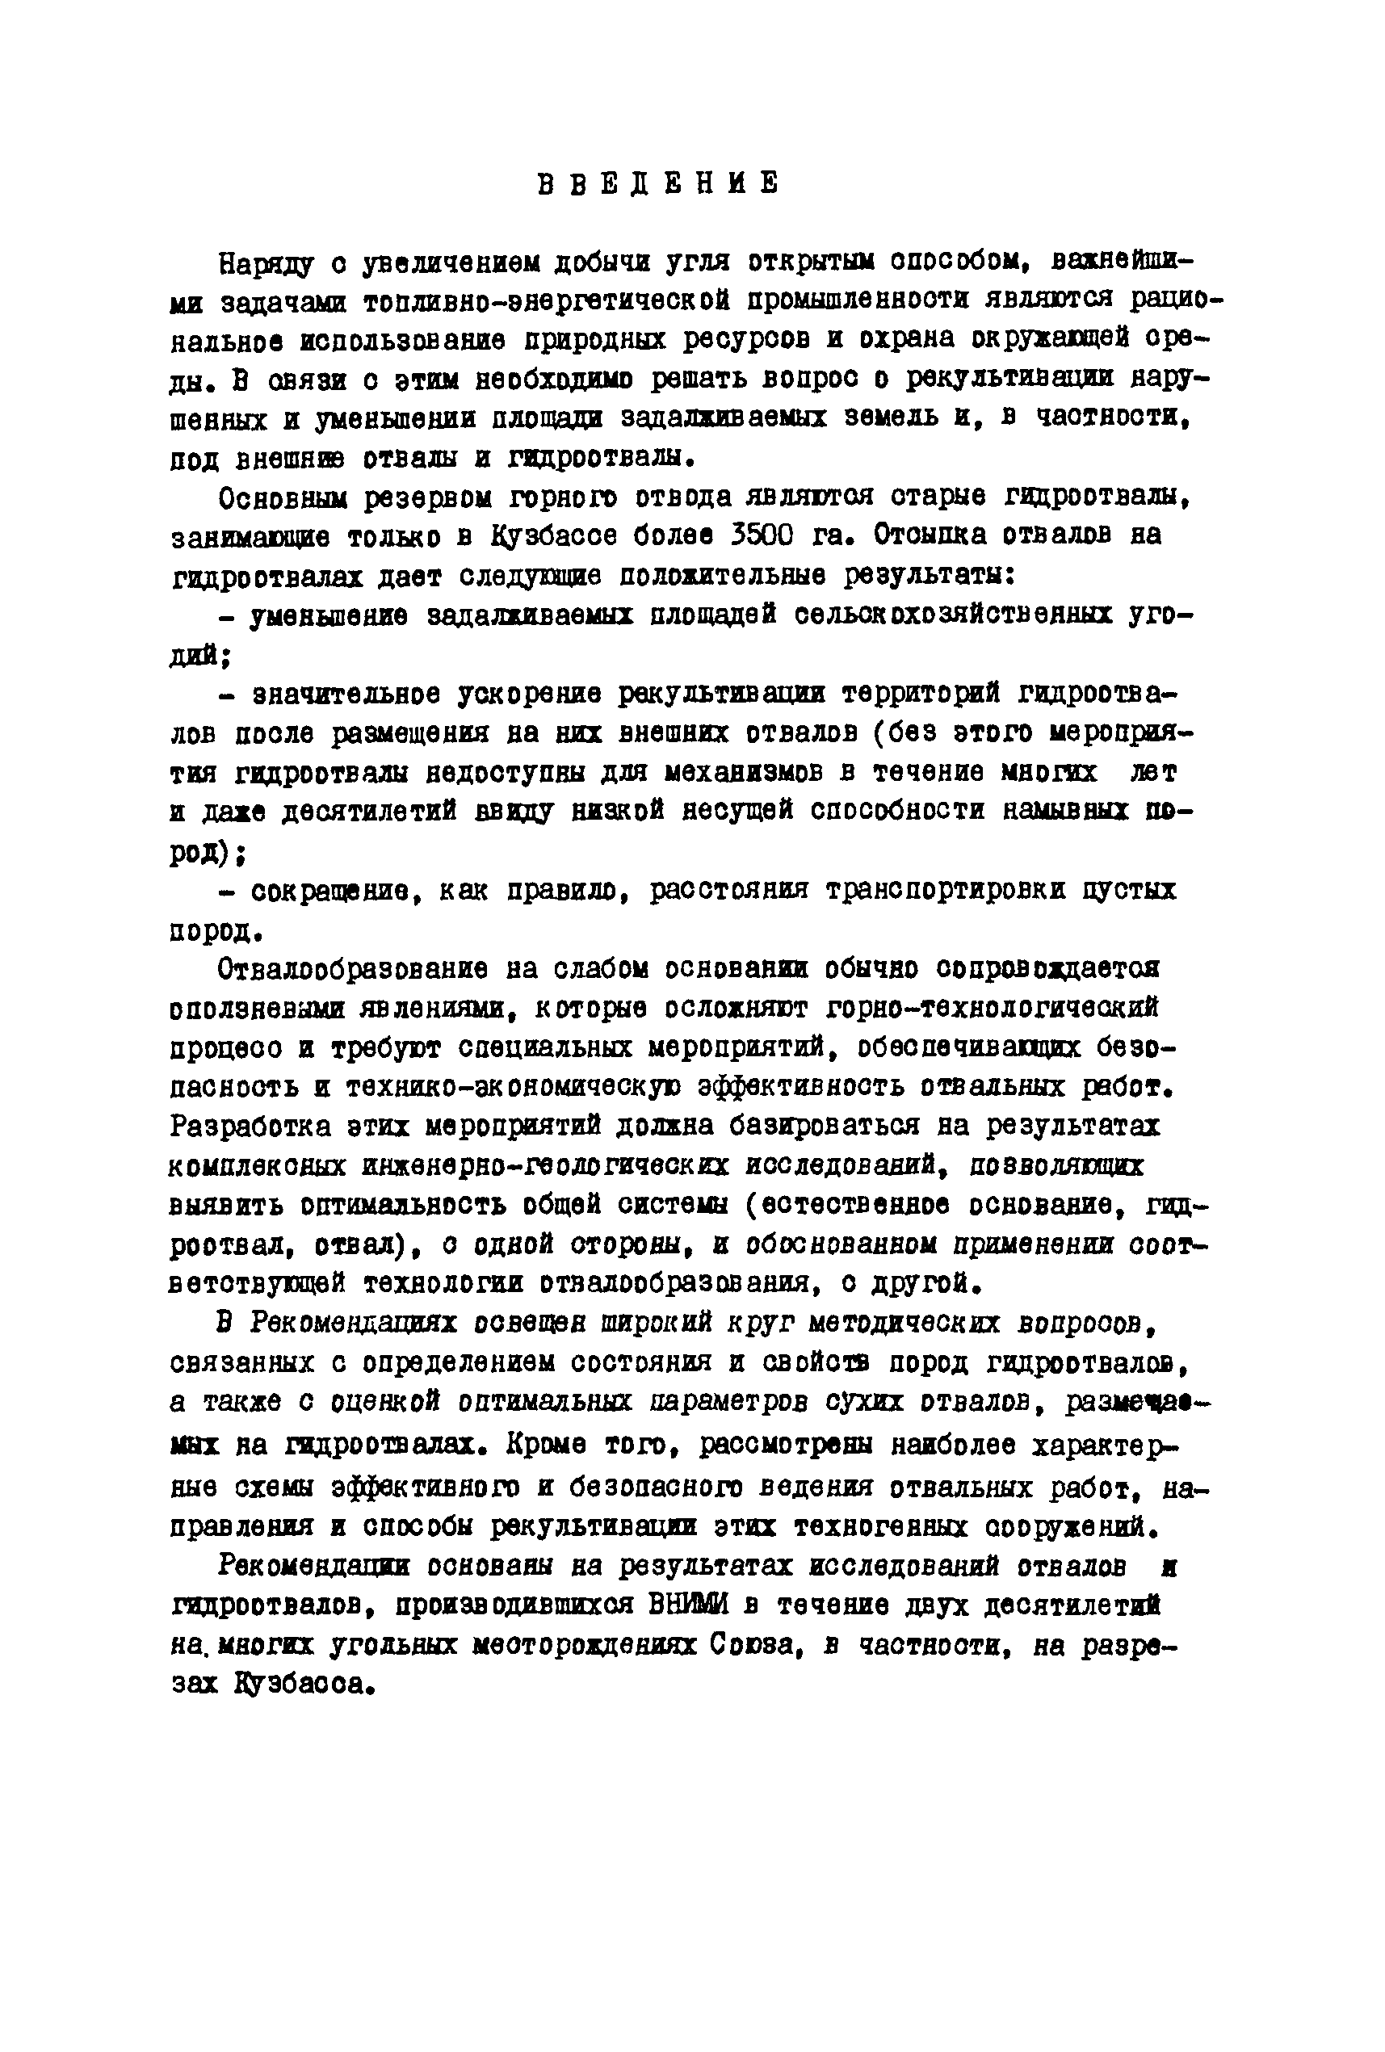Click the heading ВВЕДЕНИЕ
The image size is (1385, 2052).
click(657, 183)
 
